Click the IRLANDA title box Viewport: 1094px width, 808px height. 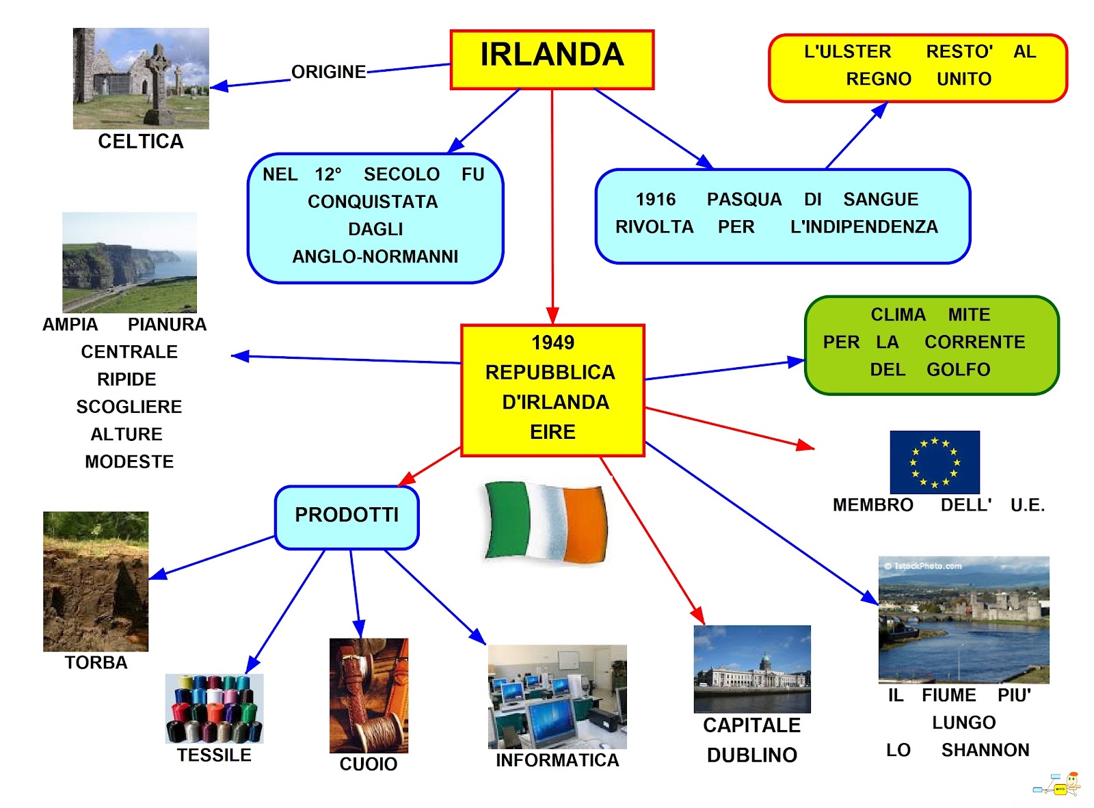click(x=552, y=59)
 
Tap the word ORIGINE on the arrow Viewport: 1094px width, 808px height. click(x=328, y=72)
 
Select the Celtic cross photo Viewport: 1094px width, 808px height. click(x=141, y=78)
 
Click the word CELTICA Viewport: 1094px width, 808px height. click(x=141, y=142)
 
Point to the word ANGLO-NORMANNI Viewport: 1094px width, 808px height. click(x=375, y=256)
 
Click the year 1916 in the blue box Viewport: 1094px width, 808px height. click(x=655, y=200)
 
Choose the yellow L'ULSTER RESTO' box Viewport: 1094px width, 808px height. click(x=918, y=68)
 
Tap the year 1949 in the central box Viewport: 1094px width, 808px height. click(x=552, y=342)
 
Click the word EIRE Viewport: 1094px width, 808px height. click(x=552, y=432)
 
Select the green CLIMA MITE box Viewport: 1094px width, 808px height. click(x=931, y=345)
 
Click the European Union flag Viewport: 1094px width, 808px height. click(x=934, y=462)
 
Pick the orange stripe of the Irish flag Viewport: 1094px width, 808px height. click(x=585, y=524)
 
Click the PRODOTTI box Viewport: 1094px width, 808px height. click(x=347, y=517)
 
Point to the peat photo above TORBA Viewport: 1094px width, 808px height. click(x=96, y=581)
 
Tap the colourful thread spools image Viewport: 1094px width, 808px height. click(x=214, y=708)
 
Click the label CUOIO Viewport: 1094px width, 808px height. click(x=369, y=764)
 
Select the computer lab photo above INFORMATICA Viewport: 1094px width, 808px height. click(x=557, y=697)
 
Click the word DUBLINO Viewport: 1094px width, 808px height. click(x=751, y=755)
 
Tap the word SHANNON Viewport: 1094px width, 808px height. click(x=985, y=751)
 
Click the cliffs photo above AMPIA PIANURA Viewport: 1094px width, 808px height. click(x=129, y=262)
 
